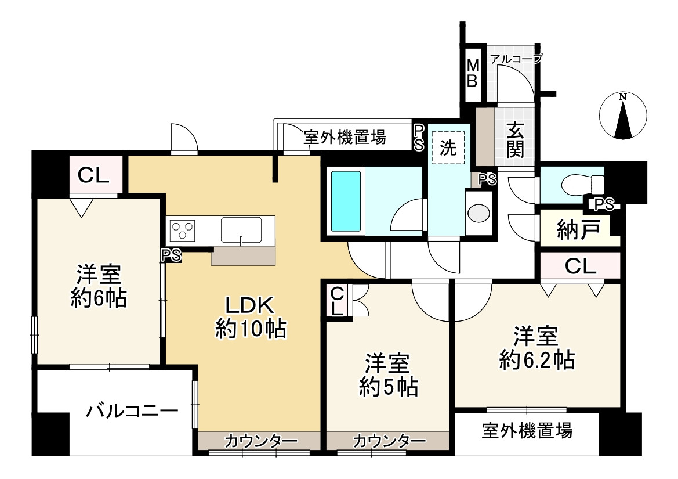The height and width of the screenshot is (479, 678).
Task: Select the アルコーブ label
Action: click(x=516, y=58)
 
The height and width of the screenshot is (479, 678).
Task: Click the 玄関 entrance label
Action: click(x=514, y=139)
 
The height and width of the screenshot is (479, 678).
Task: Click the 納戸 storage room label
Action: click(x=576, y=228)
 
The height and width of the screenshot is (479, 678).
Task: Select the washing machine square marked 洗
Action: click(x=448, y=148)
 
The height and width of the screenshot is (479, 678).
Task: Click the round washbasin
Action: click(x=478, y=213)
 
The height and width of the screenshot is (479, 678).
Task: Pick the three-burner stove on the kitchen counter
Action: click(x=183, y=231)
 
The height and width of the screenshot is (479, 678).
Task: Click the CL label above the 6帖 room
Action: click(x=95, y=175)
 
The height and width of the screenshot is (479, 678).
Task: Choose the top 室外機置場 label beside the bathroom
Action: click(x=345, y=138)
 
